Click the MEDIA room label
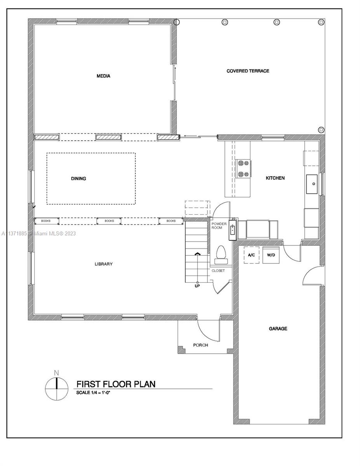coord(103,76)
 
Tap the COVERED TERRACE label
coord(248,71)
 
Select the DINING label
coord(78,178)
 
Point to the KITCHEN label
coord(275,178)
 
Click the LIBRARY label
coord(104,264)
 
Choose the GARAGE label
coord(278,329)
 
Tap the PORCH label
coord(200,345)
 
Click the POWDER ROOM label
coord(219,226)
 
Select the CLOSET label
coord(218,271)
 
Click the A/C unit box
coord(251,255)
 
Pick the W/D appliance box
coord(271,255)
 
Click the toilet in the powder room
coord(221,255)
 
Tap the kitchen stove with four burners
coord(243,169)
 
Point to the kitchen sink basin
coord(311,184)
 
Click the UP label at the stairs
coord(197,286)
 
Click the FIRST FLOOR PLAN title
coord(116,384)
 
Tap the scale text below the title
coord(93,393)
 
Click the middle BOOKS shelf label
coord(109,221)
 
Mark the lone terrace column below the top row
coord(321,130)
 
